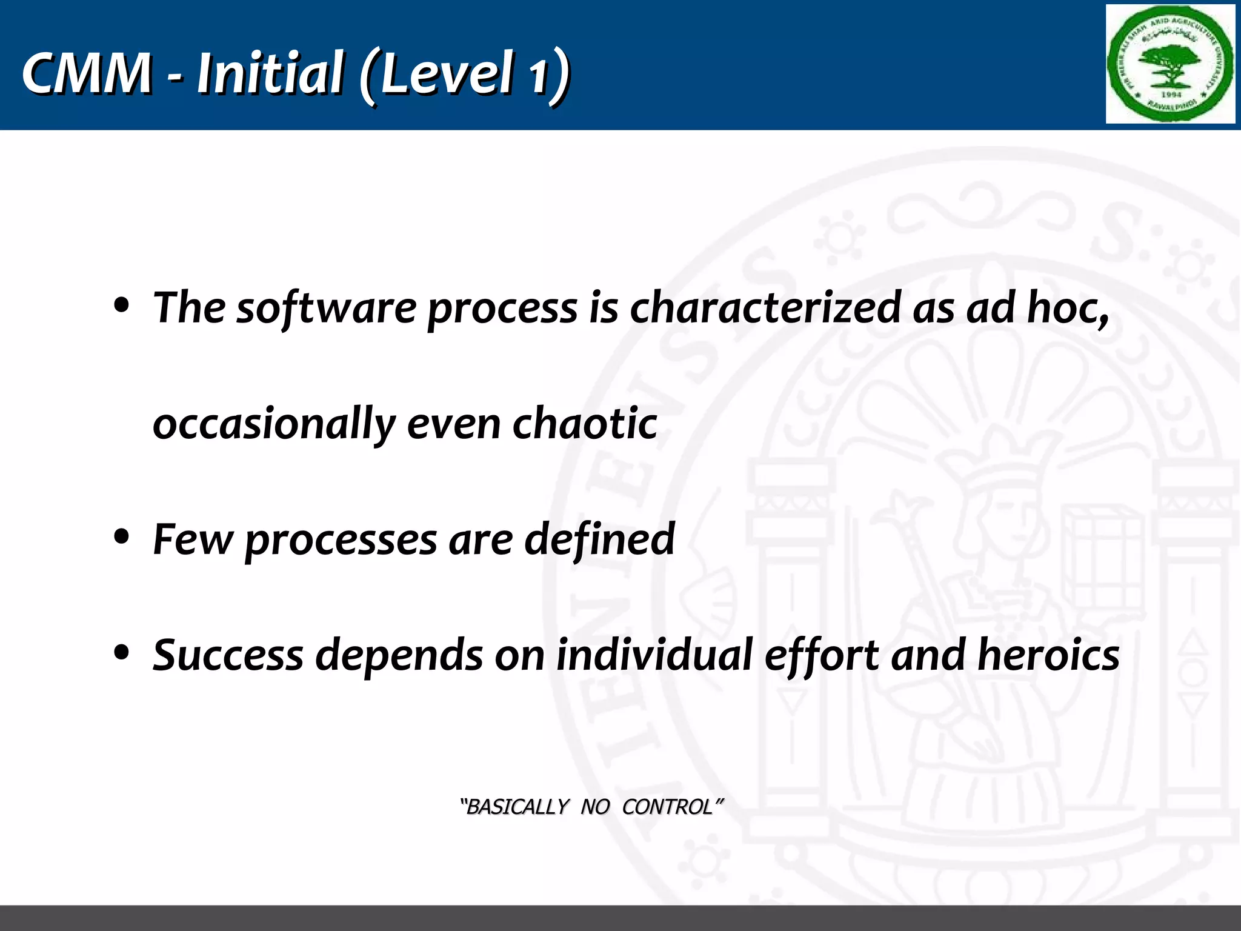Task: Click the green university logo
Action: pos(1170,64)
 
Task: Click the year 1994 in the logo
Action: pos(1171,95)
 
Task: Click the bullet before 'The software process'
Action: pos(122,307)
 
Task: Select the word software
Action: pos(325,308)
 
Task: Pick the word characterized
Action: pos(765,307)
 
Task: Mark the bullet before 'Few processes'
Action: pos(122,537)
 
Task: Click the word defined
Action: pos(599,538)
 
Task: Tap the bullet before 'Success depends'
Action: pos(122,653)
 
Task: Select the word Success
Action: pos(228,655)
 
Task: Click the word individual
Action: pos(654,655)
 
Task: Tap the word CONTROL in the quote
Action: pos(668,807)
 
